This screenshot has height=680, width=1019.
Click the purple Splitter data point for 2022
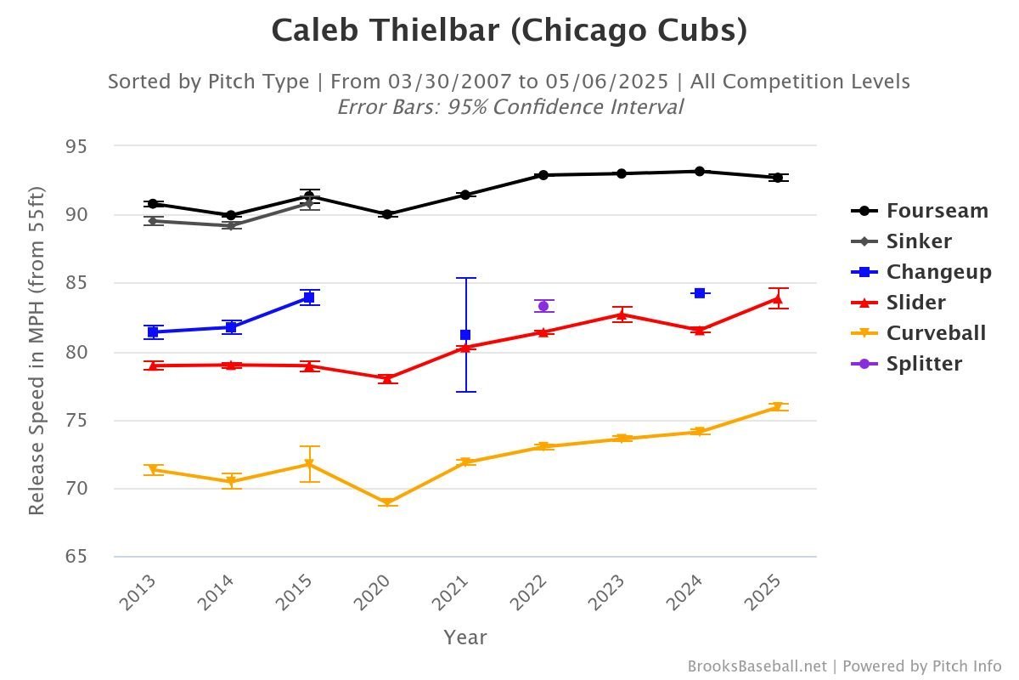(543, 306)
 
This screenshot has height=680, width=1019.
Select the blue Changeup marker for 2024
(700, 293)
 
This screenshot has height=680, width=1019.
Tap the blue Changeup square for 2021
(465, 335)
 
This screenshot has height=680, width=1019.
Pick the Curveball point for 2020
(387, 502)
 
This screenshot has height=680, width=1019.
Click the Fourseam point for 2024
(700, 171)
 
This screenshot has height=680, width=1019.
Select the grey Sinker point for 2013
(153, 221)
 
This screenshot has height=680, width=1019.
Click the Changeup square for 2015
(309, 297)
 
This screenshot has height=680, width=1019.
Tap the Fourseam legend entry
(920, 211)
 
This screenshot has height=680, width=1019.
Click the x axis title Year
(464, 637)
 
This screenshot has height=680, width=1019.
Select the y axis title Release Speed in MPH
(36, 351)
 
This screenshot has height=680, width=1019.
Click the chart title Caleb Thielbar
(509, 31)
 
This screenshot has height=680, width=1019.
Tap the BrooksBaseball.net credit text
(757, 666)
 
